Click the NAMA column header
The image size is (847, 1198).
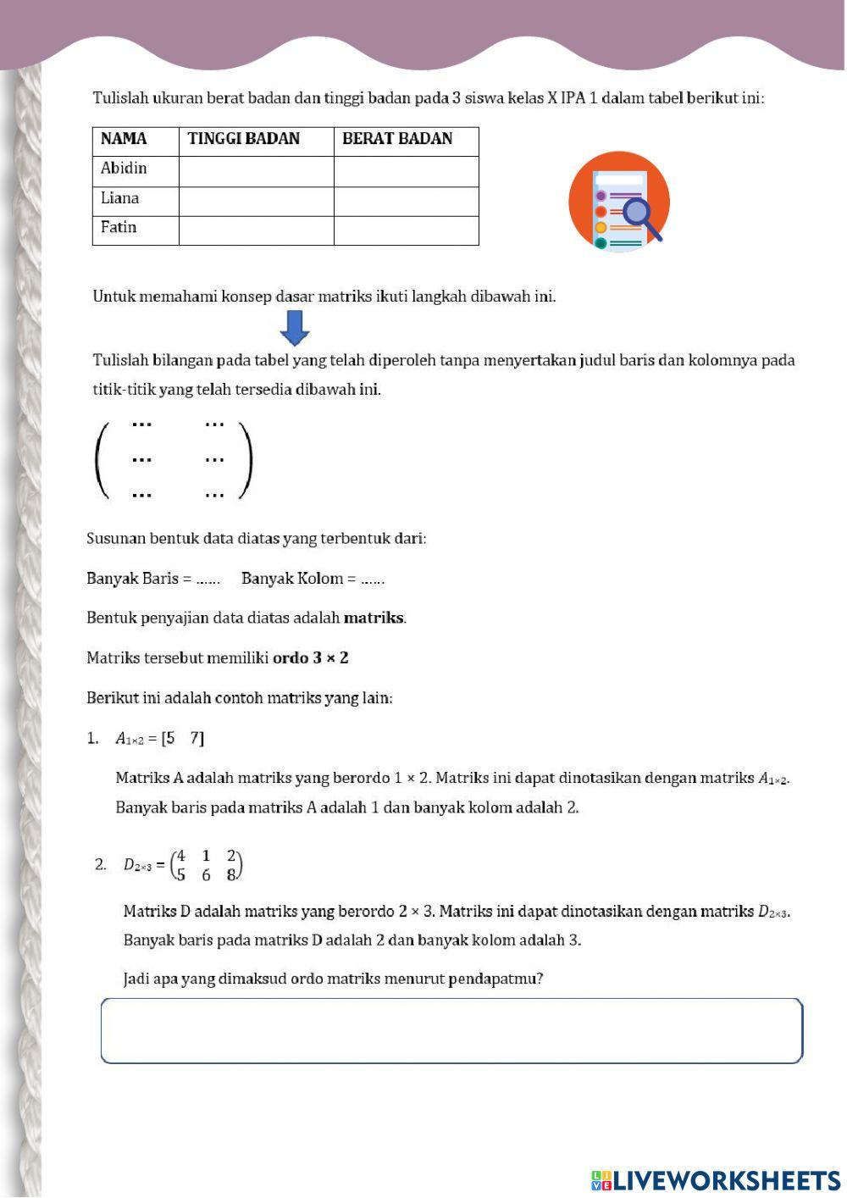click(x=124, y=139)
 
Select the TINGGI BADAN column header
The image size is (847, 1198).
click(x=244, y=139)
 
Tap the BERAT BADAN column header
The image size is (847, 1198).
click(x=397, y=139)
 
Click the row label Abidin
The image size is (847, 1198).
click(x=124, y=169)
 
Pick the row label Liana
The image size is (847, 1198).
click(x=119, y=198)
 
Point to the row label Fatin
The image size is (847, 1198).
click(x=119, y=228)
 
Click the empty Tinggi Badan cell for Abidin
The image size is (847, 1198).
click(x=256, y=171)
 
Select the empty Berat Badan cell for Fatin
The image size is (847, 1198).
click(x=406, y=230)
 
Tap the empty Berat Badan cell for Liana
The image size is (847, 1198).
click(x=406, y=201)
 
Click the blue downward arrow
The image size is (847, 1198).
click(x=295, y=328)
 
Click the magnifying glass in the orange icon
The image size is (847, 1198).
click(x=639, y=215)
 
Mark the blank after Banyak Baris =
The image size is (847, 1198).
click(x=208, y=580)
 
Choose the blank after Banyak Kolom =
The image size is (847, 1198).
click(x=372, y=580)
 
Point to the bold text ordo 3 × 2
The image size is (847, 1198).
click(x=310, y=658)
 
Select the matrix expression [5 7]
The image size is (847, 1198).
click(x=183, y=739)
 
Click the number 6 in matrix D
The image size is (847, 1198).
click(x=206, y=875)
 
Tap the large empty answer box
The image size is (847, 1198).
click(x=451, y=1031)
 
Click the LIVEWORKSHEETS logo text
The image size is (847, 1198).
click(x=726, y=1180)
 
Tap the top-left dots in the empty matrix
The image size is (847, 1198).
click(x=141, y=424)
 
